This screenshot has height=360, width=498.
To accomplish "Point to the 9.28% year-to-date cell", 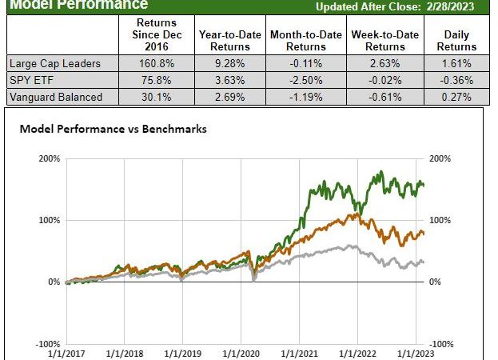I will point(229,62).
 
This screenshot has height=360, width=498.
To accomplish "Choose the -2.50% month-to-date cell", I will point(305,80).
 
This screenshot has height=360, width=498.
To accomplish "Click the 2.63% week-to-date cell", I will point(381,62).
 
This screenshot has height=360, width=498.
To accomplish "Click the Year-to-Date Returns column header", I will point(229,41).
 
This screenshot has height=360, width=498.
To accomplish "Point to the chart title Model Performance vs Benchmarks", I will point(113,128).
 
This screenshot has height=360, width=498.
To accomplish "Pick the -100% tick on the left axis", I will point(48,343).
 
